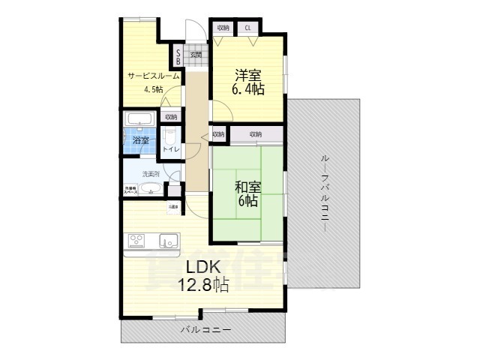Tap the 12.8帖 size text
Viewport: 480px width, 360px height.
coord(202,285)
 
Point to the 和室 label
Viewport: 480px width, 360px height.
coord(247,187)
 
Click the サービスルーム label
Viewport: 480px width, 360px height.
coord(153,76)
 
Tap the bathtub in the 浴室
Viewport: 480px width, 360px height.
coord(140,119)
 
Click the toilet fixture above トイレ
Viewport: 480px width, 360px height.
coord(170,137)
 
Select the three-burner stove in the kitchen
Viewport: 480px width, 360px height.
coord(137,240)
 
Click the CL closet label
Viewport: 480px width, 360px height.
coord(247,28)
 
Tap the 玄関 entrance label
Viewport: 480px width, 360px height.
coord(196,54)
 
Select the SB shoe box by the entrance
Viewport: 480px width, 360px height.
coord(178,57)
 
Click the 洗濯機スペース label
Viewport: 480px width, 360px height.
coord(130,190)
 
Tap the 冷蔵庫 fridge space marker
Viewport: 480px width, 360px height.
coord(173,206)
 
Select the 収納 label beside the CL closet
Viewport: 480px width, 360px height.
coord(223,28)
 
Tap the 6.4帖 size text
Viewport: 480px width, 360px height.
coord(247,89)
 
